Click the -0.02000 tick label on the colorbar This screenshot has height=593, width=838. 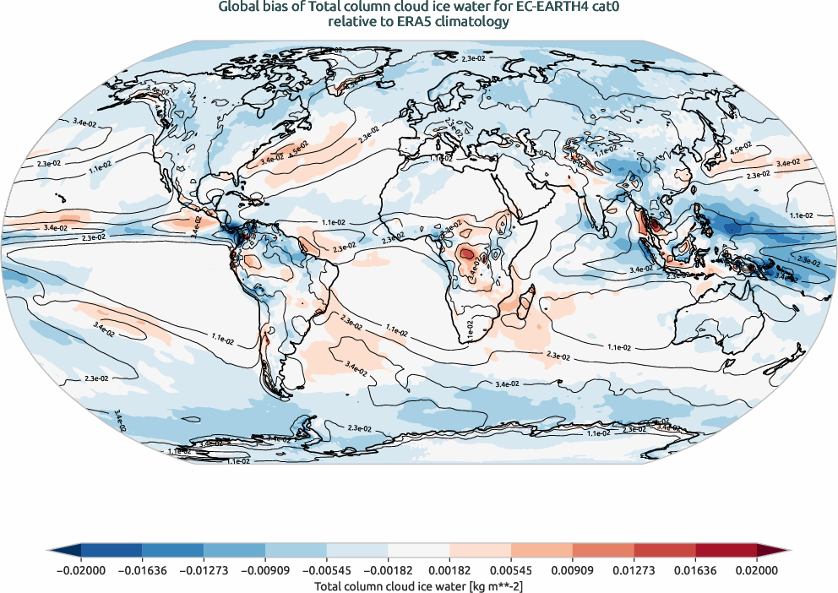click(x=81, y=571)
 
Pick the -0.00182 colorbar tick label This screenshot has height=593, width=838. click(x=388, y=571)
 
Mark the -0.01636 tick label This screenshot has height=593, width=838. click(x=142, y=571)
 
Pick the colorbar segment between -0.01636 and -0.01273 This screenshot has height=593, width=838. click(x=173, y=550)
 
